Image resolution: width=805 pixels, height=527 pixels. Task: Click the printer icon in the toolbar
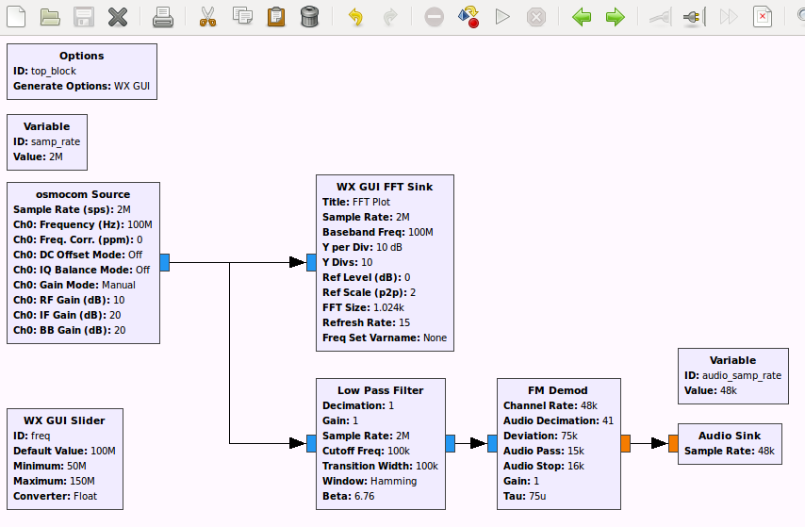[163, 17]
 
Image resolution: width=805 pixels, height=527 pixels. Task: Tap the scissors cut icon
[208, 17]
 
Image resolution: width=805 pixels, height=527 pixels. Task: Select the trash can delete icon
[309, 16]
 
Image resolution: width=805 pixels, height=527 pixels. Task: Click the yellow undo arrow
[355, 17]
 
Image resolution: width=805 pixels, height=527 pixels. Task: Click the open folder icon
[50, 17]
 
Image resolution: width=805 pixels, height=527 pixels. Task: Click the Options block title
[82, 56]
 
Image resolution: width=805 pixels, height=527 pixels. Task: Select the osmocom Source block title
[83, 194]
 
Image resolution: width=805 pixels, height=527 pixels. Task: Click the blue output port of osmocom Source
[165, 262]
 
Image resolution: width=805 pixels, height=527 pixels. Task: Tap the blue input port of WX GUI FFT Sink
[311, 262]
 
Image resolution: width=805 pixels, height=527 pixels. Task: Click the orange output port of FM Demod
[625, 443]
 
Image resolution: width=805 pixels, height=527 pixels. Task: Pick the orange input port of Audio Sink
[673, 443]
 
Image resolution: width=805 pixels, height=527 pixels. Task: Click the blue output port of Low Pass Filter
[451, 443]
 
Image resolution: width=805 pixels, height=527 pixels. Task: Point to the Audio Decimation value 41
[608, 420]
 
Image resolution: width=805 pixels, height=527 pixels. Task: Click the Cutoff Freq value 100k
[399, 451]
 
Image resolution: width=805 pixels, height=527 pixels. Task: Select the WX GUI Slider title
[64, 420]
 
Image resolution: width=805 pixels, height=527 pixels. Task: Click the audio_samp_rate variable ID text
[742, 375]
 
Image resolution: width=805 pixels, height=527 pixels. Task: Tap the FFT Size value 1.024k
[388, 307]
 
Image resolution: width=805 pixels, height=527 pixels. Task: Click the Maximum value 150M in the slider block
[82, 482]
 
